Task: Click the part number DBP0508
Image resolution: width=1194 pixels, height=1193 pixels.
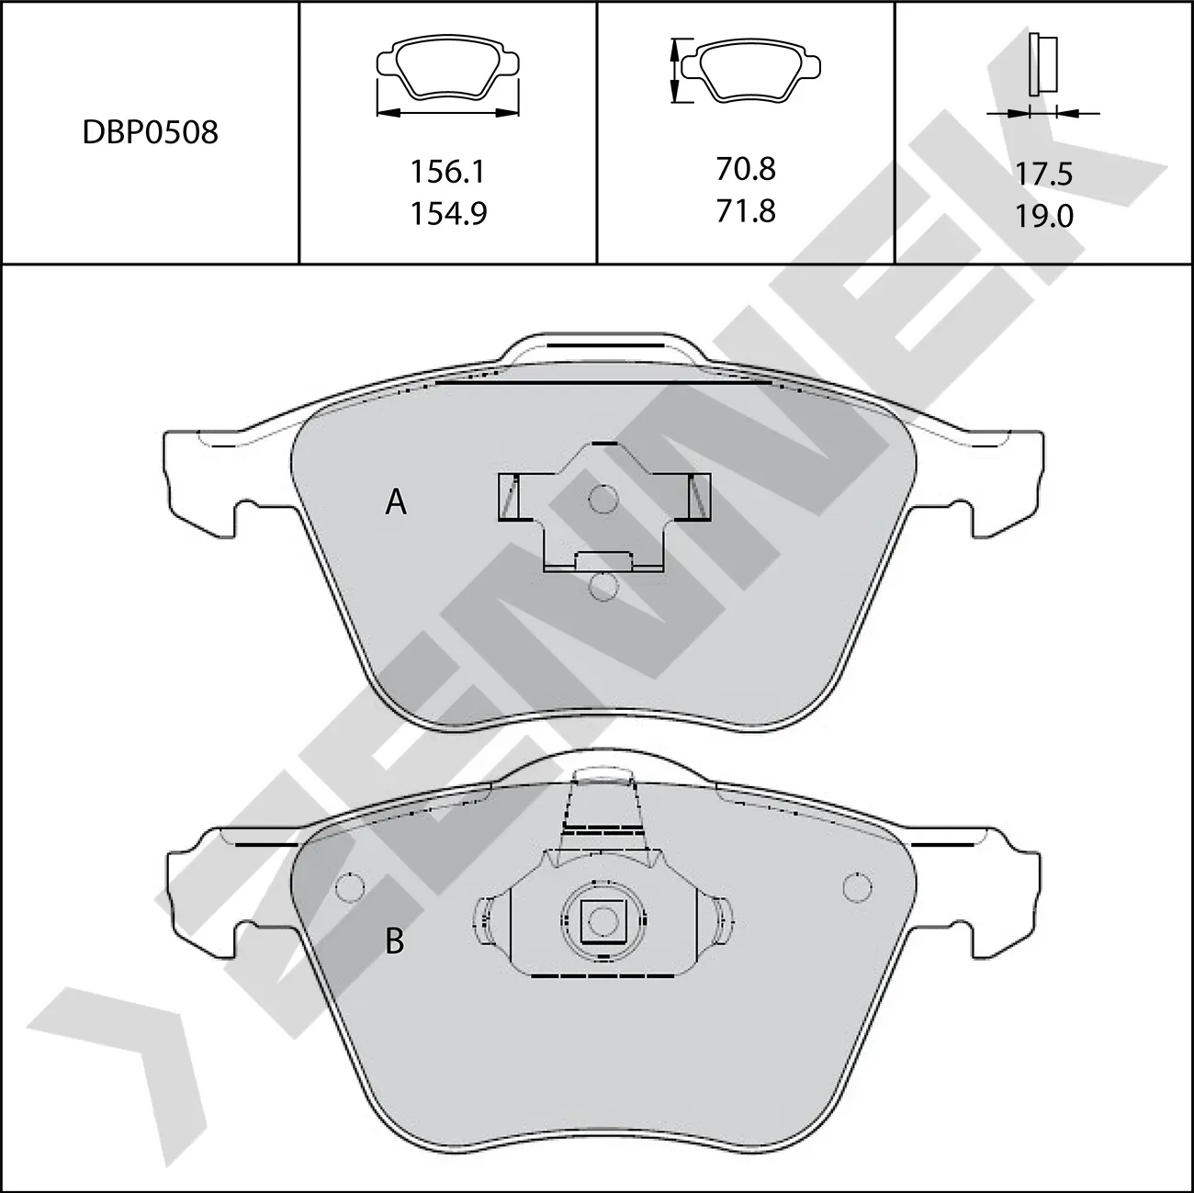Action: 151,132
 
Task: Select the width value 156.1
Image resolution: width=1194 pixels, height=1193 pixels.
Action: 447,171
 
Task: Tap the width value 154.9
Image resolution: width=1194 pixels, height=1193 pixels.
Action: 447,213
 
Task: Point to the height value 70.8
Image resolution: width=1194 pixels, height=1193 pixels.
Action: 745,169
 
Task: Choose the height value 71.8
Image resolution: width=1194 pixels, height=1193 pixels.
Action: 745,211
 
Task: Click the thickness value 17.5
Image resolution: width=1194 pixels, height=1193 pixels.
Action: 1044,174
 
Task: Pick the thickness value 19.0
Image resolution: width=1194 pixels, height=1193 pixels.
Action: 1044,217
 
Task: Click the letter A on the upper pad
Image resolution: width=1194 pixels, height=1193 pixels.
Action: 396,502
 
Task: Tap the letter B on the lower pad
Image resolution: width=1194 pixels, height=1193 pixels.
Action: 395,941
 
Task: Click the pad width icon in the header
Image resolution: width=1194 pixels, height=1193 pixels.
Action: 447,79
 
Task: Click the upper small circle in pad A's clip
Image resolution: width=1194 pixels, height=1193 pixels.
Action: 603,500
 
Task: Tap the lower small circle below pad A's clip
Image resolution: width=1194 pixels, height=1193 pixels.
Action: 603,586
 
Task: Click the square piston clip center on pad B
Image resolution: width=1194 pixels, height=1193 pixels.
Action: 603,920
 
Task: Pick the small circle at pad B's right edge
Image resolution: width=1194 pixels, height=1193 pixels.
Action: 856,887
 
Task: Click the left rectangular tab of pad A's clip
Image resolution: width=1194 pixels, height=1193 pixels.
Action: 508,496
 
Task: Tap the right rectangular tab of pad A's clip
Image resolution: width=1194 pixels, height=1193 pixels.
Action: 699,496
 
